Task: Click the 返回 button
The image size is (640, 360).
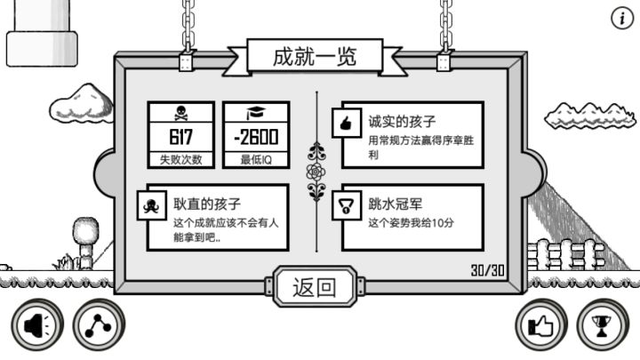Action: coord(315,286)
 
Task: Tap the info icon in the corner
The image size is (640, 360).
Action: coord(622,19)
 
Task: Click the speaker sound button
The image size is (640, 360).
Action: coord(37,325)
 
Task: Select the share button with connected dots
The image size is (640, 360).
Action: coord(99,325)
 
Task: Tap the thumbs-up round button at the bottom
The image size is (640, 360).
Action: coord(541,325)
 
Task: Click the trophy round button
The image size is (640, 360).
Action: coord(603,325)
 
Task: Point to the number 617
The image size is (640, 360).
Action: coord(180,137)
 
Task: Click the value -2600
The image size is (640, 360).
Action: coord(256,137)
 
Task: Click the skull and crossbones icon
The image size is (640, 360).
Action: coord(180,113)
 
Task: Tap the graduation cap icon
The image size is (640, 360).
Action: coord(256,113)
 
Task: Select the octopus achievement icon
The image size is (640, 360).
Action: coord(151,205)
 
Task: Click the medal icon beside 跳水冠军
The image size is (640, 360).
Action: coord(346,205)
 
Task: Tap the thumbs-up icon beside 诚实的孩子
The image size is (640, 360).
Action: coord(346,123)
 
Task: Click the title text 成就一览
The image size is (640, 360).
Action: coord(315,57)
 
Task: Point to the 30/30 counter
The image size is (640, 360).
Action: coord(488,270)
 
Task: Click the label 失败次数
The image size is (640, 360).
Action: coord(180,159)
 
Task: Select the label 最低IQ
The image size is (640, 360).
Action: coord(256,159)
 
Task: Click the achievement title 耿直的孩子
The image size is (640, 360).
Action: coord(207,204)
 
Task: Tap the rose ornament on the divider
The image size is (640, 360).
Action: coord(316,172)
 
